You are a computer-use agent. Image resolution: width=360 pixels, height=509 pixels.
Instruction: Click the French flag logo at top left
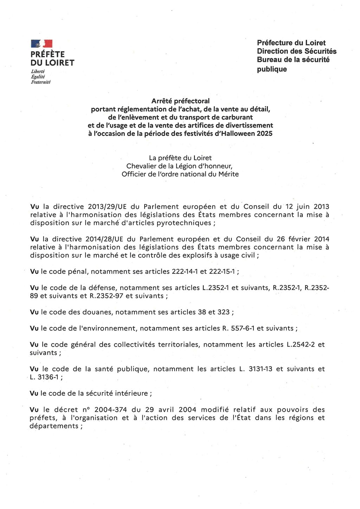tap(41, 44)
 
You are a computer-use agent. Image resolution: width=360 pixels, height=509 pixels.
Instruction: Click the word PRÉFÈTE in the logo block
tap(47, 54)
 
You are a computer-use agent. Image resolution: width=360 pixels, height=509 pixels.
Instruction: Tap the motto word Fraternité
tap(41, 82)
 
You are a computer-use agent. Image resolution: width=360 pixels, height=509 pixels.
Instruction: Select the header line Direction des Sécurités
tap(296, 51)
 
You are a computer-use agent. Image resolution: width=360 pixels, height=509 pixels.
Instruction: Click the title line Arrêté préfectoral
tap(180, 101)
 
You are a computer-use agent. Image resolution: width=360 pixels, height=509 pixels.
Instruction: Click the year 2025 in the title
tap(264, 134)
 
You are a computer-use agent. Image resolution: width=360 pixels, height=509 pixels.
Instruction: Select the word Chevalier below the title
tap(142, 166)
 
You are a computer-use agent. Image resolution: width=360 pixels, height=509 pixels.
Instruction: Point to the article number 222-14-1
tap(185, 271)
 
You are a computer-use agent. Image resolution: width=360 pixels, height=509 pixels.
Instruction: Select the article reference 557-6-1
tap(243, 328)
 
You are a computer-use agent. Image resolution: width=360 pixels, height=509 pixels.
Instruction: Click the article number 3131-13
tap(260, 369)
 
